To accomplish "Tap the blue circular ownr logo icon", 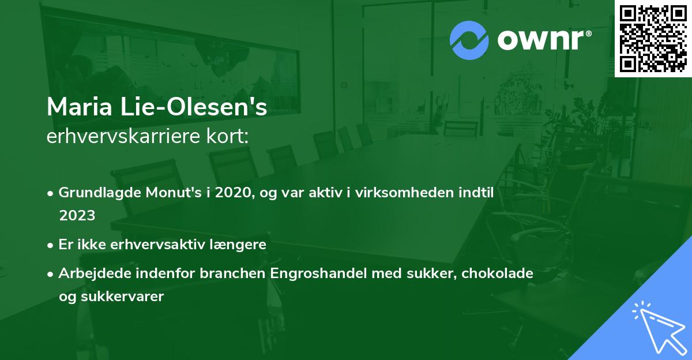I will click(469, 40).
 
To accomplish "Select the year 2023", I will click(77, 215).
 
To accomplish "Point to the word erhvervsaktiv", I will click(149, 244).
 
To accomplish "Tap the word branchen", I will click(233, 273).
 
